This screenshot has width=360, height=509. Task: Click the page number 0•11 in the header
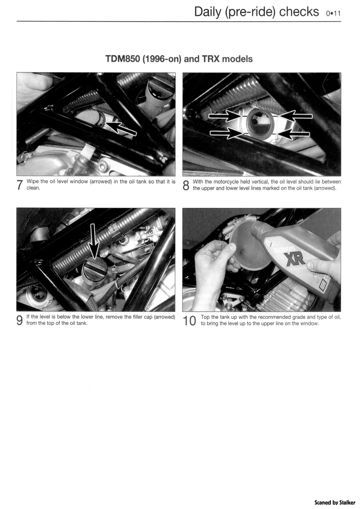point(334,13)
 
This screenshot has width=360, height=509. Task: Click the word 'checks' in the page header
point(299,12)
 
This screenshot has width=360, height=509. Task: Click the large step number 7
point(20,185)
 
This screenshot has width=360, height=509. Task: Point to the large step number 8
point(186,185)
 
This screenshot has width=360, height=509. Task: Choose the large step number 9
point(20,320)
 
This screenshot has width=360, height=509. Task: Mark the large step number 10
point(190,320)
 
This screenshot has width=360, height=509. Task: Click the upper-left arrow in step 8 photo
point(225,115)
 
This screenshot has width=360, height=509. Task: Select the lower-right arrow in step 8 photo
point(294,133)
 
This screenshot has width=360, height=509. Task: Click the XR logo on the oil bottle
point(295,259)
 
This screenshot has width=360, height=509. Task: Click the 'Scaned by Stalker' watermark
point(335,502)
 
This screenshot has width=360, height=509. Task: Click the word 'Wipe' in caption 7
point(33,181)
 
